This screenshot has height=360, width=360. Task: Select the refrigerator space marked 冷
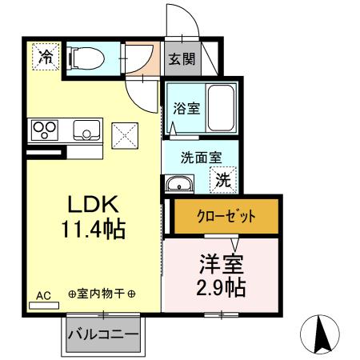click(46, 57)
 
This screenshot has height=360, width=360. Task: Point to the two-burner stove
click(45, 128)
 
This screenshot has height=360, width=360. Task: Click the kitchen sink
click(84, 129)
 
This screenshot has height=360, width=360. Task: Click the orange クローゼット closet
click(226, 217)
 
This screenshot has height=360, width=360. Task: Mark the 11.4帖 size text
click(92, 230)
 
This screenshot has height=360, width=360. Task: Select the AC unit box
click(44, 301)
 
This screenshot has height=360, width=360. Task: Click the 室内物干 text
click(102, 294)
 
